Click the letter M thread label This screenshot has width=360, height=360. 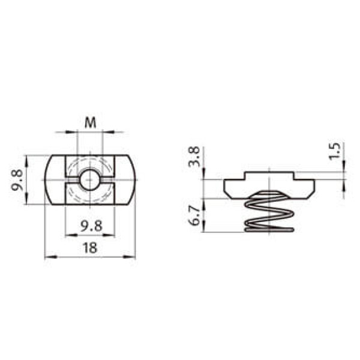tap(91, 123)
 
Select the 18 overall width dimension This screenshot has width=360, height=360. tap(90, 248)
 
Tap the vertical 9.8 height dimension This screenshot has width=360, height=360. tap(17, 180)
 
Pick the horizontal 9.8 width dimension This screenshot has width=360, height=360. tap(91, 226)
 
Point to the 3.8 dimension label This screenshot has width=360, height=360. tap(194, 157)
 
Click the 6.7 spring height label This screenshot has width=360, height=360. tap(194, 215)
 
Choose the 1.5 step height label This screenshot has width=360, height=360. tap(334, 151)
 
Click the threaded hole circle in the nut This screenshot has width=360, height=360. tap(89, 180)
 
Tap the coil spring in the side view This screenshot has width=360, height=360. tap(269, 211)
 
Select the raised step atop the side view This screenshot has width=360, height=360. tap(269, 176)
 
